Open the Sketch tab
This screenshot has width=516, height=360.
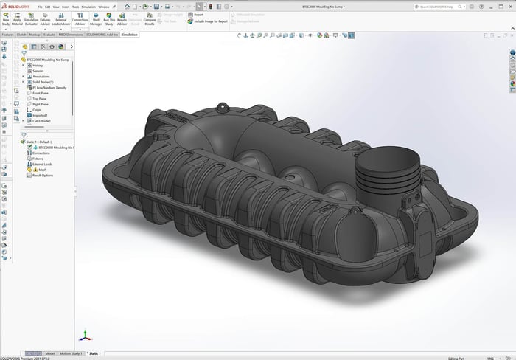21,34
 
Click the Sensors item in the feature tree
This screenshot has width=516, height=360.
38,71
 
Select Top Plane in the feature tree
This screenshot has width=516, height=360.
41,98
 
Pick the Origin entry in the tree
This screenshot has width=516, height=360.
37,109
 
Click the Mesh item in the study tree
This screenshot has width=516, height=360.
36,169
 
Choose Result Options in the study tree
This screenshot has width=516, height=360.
43,176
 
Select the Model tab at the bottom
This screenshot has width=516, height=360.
49,354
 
